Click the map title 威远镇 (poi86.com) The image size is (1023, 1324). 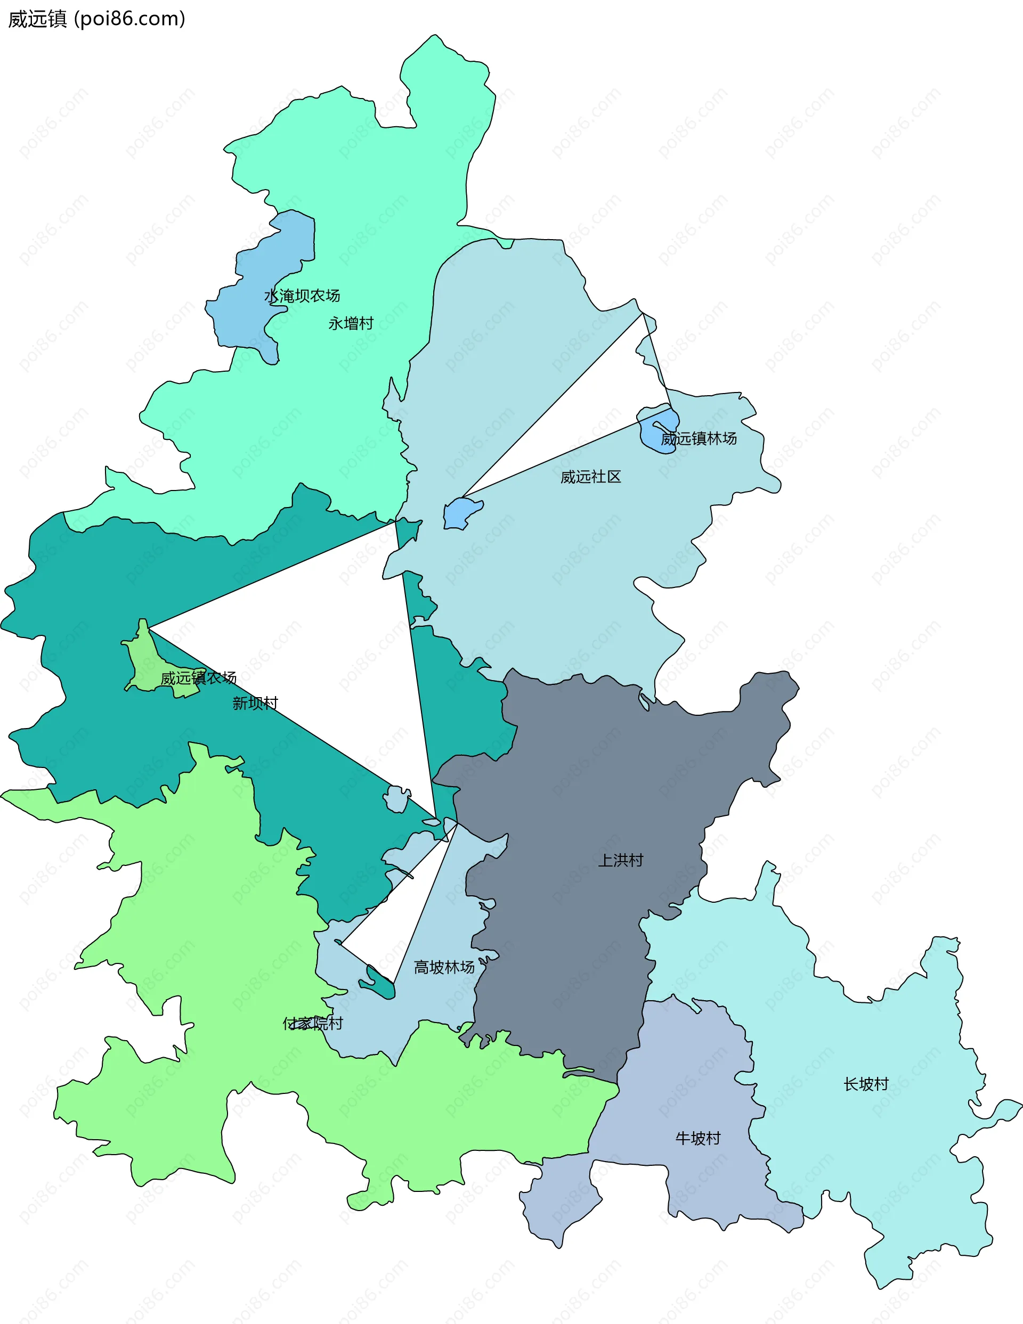pos(96,19)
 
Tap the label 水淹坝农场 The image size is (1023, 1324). pos(302,296)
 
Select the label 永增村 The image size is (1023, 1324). pos(351,324)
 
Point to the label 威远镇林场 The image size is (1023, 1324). pos(699,438)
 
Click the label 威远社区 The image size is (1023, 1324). pos(591,477)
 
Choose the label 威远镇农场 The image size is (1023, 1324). pos(198,678)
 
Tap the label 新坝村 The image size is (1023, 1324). pos(255,703)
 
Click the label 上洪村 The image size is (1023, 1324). pos(620,860)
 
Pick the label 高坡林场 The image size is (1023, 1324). pos(444,967)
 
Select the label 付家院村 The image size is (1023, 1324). pos(313,1023)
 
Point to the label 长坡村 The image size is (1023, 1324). pos(866,1084)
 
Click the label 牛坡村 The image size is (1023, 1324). pos(698,1139)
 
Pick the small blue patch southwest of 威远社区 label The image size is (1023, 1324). pos(461,513)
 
